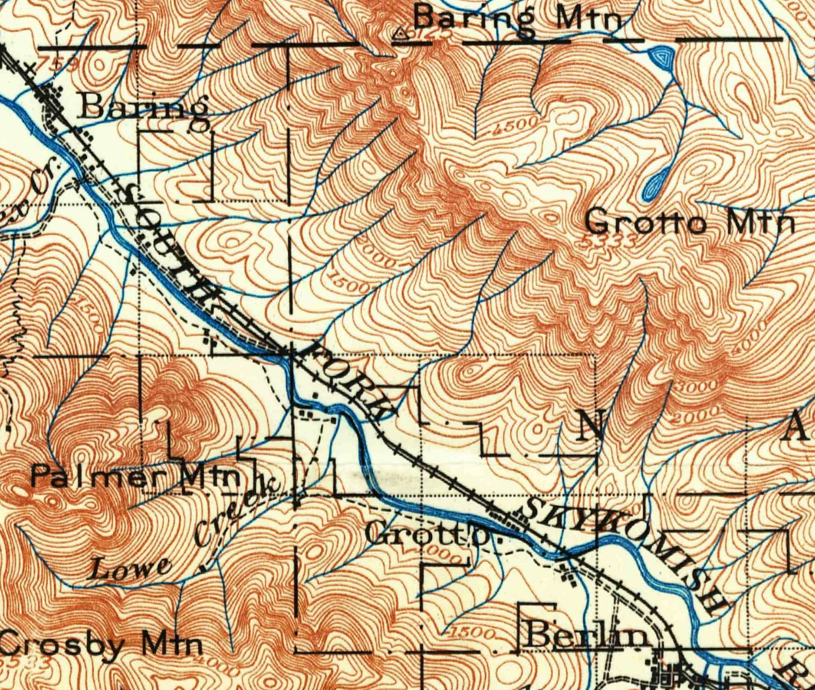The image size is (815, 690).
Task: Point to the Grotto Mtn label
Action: tap(690, 223)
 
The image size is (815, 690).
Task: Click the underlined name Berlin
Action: tap(585, 635)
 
